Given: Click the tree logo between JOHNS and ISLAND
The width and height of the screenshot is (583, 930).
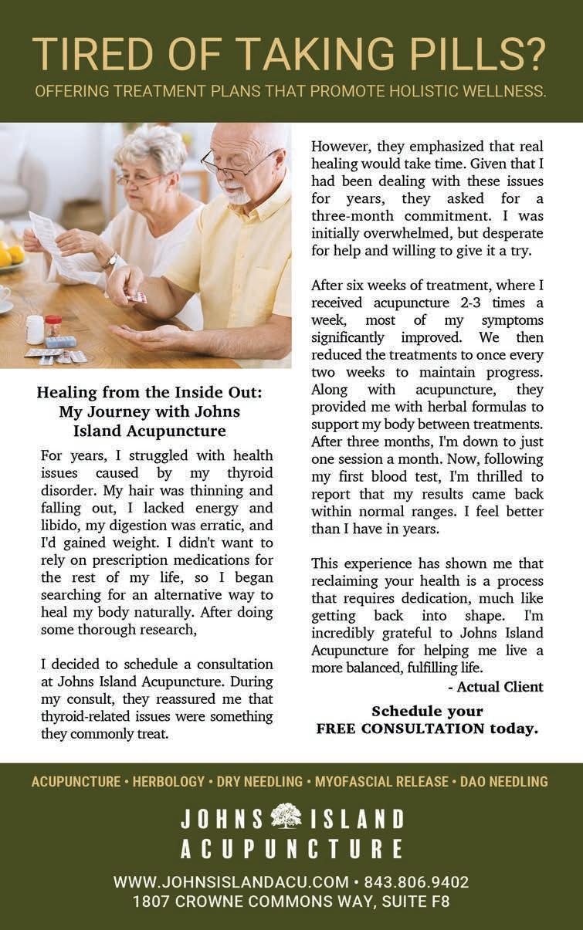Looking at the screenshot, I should pos(286,817).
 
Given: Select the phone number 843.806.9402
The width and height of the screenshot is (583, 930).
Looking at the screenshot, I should pos(416,882).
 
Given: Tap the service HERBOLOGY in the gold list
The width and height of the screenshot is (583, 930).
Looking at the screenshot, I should pos(168,782).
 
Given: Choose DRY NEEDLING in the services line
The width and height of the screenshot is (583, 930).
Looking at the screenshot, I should pos(259,782).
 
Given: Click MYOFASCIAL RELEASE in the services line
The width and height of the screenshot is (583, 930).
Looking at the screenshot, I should pos(381,782).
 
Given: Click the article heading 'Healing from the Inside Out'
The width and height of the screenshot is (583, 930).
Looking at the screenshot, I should pos(149,393).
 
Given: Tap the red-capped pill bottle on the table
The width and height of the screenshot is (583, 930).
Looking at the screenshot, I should pos(53,326).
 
